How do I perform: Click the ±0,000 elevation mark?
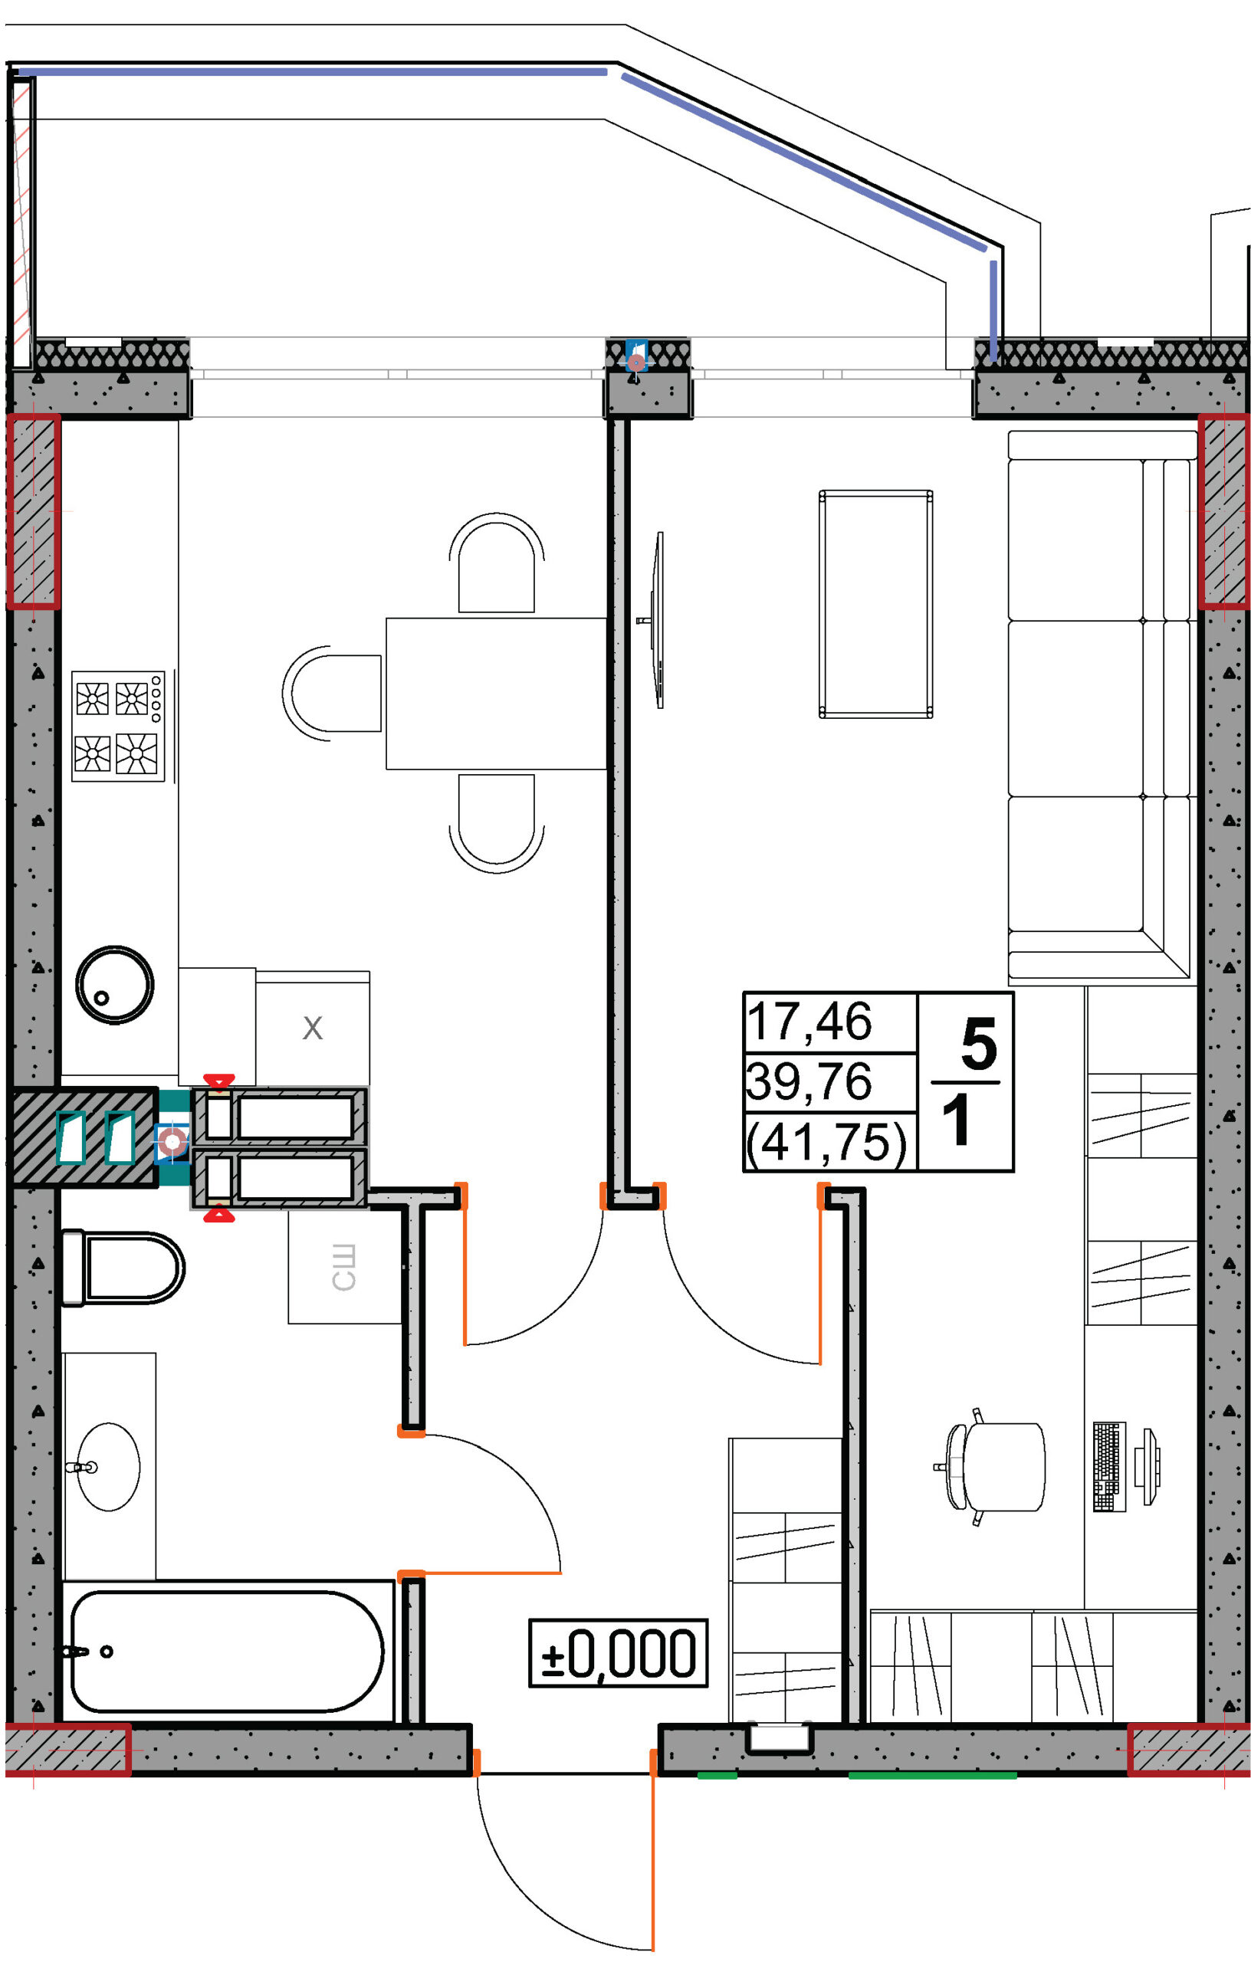click(619, 1653)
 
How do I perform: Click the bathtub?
click(228, 1652)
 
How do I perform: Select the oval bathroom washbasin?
click(108, 1468)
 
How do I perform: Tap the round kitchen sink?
click(114, 985)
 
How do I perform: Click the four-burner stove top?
click(118, 726)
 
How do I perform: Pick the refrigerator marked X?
click(313, 1029)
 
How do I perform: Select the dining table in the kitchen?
click(496, 694)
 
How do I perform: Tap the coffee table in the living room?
click(875, 604)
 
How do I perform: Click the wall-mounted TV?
click(656, 620)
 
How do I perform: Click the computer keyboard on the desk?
click(1108, 1467)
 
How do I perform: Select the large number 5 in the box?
click(978, 1044)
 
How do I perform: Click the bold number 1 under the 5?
click(957, 1120)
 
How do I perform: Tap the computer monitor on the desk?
click(1149, 1467)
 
